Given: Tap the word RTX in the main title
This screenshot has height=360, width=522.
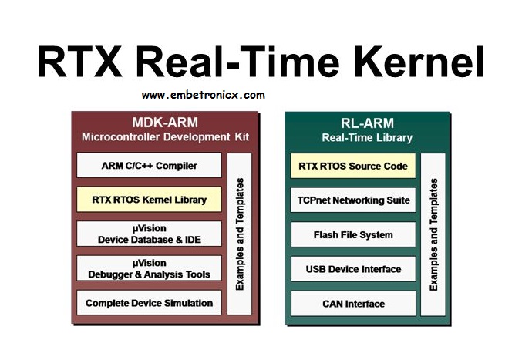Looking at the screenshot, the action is coord(80,62).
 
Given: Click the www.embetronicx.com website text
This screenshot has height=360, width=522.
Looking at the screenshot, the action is coord(203,95).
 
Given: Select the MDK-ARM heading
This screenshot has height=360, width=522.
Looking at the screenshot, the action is coord(165,123).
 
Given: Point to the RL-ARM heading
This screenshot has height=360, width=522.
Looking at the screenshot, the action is coord(367,123).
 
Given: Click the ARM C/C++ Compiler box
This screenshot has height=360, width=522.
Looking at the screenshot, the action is coord(149,165).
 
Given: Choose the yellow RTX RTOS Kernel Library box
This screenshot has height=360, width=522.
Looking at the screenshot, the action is coord(149,200).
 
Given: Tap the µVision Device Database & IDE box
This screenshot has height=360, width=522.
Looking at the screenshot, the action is coord(149,234).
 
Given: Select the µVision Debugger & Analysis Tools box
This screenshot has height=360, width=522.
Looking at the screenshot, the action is coord(149,268).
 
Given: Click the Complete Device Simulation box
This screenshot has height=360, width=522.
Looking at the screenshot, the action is coord(149,302).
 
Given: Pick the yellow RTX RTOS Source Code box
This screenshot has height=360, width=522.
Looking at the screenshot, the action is coord(353,166).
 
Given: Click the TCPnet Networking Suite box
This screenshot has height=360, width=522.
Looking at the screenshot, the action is coord(353,200).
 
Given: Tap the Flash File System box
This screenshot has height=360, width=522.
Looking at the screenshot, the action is coord(353,234).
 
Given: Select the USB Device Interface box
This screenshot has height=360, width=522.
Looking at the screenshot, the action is coord(353,269).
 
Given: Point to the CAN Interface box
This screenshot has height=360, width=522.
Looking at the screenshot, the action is coord(353,304).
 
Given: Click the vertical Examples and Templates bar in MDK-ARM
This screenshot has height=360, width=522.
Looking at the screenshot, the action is coord(239,234).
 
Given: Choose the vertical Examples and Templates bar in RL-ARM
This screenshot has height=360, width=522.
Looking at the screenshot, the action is coord(433,234).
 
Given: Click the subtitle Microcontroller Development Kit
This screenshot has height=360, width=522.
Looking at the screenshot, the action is coord(165,136).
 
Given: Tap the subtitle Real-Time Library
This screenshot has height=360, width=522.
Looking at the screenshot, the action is coord(367,137).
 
